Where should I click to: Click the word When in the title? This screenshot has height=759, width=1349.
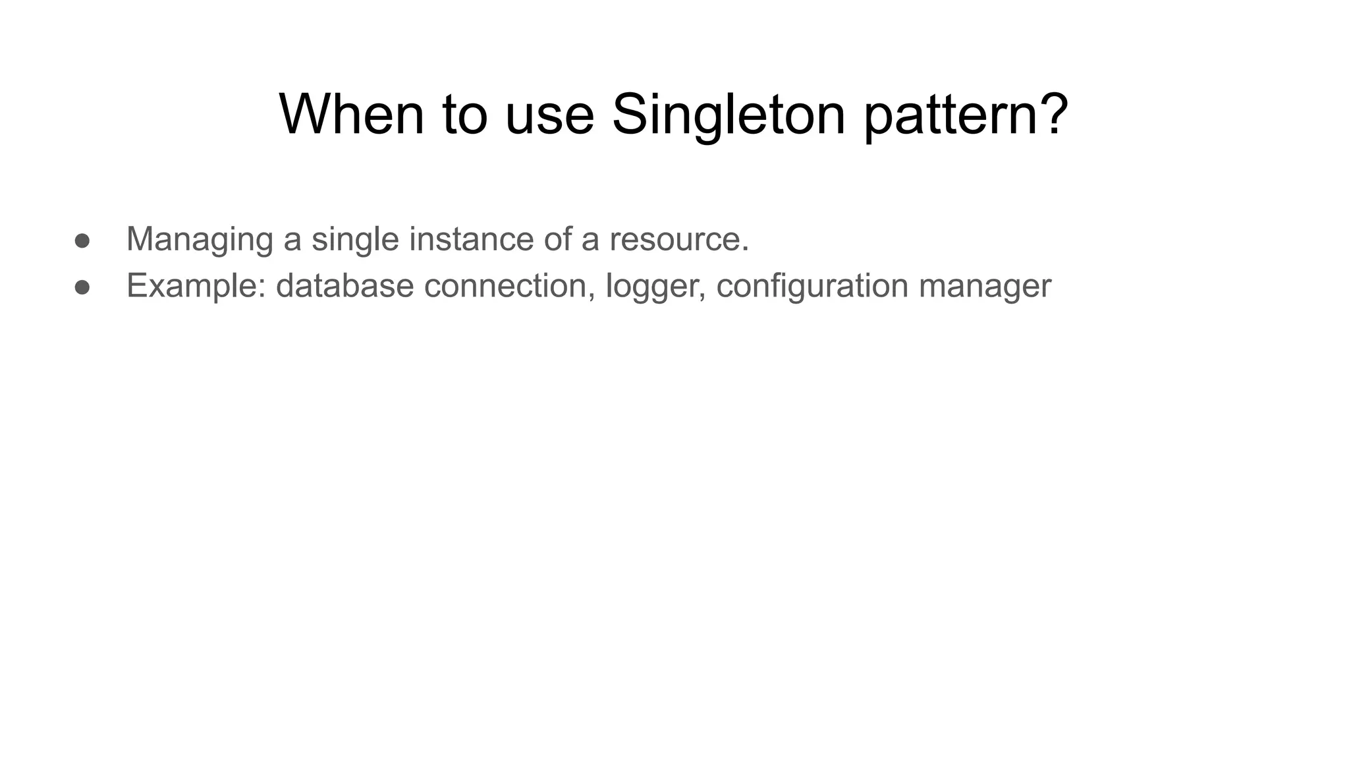pyautogui.click(x=352, y=115)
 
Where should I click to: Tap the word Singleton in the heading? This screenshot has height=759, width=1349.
pyautogui.click(x=729, y=115)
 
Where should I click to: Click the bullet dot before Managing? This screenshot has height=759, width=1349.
pyautogui.click(x=82, y=240)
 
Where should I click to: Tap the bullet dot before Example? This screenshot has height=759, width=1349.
pyautogui.click(x=82, y=287)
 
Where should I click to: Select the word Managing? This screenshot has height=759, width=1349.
pyautogui.click(x=200, y=239)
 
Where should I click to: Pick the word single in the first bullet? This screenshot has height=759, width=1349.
pyautogui.click(x=355, y=239)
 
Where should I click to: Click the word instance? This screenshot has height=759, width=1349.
pyautogui.click(x=471, y=239)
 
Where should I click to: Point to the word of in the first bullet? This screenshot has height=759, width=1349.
pyautogui.click(x=557, y=239)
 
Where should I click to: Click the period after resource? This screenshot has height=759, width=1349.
pyautogui.click(x=746, y=249)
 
